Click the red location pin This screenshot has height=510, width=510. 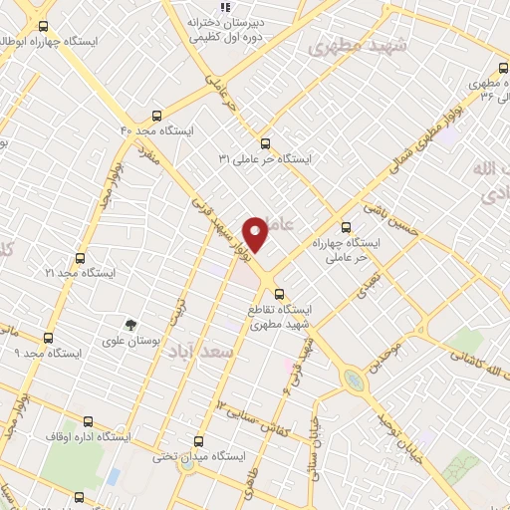[255, 234]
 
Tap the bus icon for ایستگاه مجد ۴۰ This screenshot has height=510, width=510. [155, 116]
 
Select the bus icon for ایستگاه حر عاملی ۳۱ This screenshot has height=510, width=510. [265, 143]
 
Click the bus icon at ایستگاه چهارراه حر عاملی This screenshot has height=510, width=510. [347, 227]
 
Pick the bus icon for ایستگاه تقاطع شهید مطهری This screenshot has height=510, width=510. [279, 294]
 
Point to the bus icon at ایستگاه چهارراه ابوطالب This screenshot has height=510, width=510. [43, 27]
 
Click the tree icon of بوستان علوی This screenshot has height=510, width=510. [129, 326]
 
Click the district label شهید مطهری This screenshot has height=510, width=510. [346, 46]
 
